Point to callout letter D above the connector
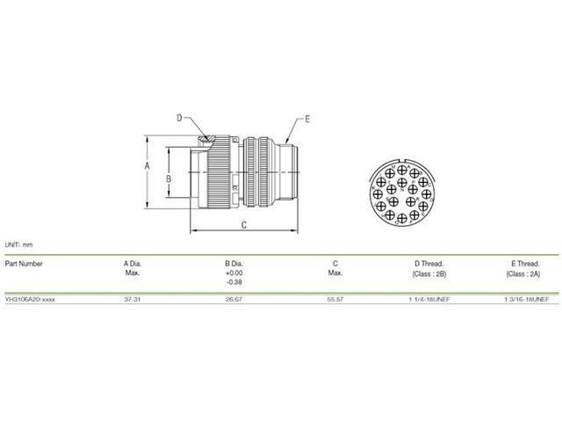[178, 118]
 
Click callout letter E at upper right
[307, 116]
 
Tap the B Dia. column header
[234, 263]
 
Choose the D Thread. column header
[428, 263]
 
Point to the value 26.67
[234, 298]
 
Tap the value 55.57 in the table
[335, 298]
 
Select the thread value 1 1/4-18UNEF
[429, 298]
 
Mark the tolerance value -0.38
[234, 282]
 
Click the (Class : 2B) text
[428, 273]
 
